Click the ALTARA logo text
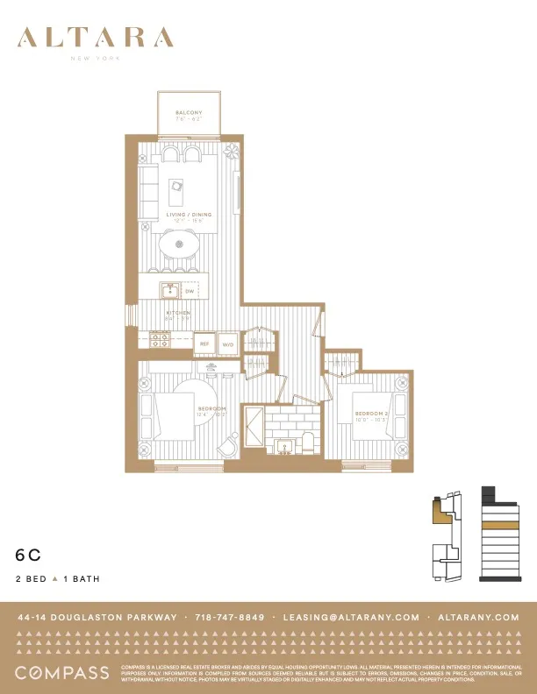coord(95,39)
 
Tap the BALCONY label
coord(189,113)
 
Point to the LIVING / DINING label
coord(188,215)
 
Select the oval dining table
coord(181,244)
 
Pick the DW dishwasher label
coord(190,289)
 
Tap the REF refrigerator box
coord(204,344)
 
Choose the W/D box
coord(227,344)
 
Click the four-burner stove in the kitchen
coord(160,337)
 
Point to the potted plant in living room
coord(232,151)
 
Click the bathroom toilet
coord(308,443)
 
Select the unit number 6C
coord(28,555)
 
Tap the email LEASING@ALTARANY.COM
coord(351,617)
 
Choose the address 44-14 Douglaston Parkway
coord(97,617)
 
